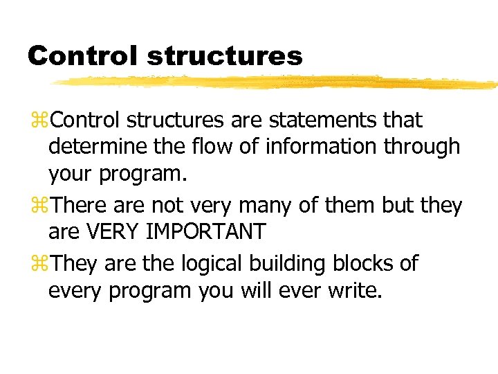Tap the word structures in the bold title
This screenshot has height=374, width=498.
tap(225, 55)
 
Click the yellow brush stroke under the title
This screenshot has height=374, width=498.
tap(277, 82)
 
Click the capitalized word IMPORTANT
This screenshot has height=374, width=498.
tap(207, 232)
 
